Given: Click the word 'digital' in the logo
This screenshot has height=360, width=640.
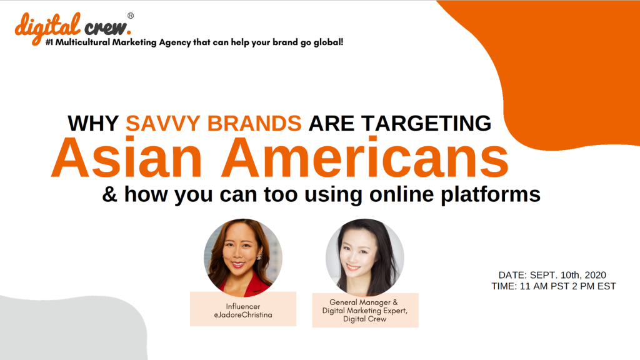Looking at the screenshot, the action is coord(47,27).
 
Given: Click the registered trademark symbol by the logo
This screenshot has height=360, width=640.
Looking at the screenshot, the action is coord(131,16).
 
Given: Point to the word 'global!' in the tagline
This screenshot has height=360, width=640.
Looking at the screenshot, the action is coord(328,42).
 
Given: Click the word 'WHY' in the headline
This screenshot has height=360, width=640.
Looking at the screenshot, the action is coord(93,123).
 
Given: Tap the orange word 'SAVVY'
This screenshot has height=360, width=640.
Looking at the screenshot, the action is coord(163,123).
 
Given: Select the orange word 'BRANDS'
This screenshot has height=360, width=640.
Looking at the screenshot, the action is coord(254,123).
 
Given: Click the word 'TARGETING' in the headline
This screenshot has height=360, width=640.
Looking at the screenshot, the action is coord(426,123).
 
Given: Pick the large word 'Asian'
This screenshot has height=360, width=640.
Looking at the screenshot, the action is coord(126,157).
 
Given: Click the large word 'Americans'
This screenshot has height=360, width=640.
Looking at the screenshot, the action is coord(365,157).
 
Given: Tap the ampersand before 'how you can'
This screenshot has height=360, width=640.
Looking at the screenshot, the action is coord(109,194).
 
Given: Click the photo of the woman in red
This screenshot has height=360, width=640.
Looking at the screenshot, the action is coord(243,257).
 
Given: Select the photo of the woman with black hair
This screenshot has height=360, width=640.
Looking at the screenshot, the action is coord(365,257).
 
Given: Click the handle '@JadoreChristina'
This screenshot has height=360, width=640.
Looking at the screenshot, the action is coord(243,315).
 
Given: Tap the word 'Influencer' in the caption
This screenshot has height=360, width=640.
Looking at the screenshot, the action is coord(243,306).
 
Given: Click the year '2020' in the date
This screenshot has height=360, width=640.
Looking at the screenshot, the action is coord(595,275).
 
